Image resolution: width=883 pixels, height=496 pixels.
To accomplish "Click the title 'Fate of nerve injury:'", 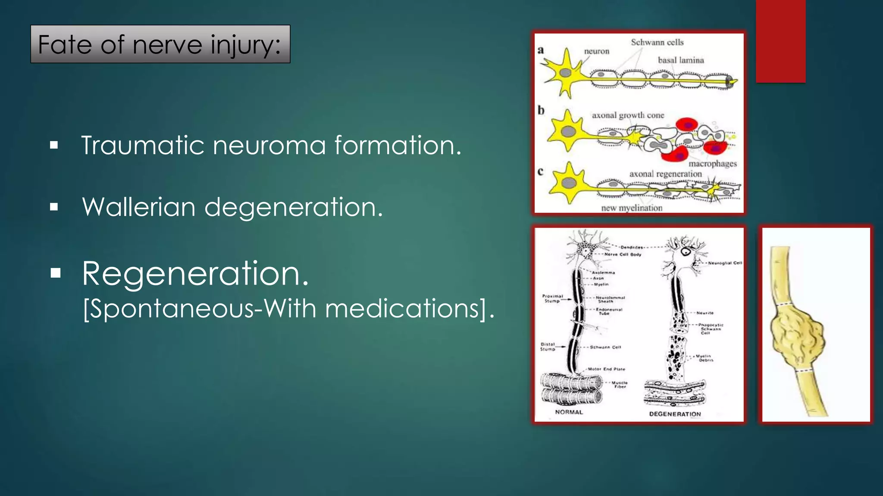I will pos(160,44).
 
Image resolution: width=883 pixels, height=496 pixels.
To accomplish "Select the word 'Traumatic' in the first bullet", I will pos(143,145).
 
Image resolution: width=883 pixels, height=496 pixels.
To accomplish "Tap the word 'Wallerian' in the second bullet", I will pos(139,207).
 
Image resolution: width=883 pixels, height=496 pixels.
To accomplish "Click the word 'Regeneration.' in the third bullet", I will pos(195,273).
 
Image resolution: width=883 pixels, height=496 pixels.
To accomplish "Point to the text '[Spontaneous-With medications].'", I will pos(288,308).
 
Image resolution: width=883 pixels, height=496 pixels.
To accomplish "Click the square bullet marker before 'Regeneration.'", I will pos(56,273).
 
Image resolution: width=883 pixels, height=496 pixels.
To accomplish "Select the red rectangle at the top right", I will pos(780,41).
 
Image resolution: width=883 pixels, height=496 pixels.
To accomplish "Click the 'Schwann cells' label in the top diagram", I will pos(657,42).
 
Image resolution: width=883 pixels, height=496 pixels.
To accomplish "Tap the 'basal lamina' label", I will pos(681,60).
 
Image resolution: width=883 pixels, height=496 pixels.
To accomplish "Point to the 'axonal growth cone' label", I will pos(628,115).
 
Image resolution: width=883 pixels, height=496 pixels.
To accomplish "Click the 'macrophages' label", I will pos(713,164).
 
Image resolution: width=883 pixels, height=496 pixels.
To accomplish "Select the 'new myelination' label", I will pos(632,208).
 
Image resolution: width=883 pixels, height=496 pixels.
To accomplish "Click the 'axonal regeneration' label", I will pos(665,174).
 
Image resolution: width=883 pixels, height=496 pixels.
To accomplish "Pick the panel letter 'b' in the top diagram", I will pos(541,111).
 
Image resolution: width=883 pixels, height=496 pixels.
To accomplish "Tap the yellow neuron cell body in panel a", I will pos(566,73).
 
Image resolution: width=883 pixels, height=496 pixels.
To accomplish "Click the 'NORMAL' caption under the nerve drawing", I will pos(569,412).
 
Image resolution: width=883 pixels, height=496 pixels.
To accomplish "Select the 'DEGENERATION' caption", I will pos(675,414).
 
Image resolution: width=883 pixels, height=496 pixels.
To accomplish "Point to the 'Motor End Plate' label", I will pos(606,369).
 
